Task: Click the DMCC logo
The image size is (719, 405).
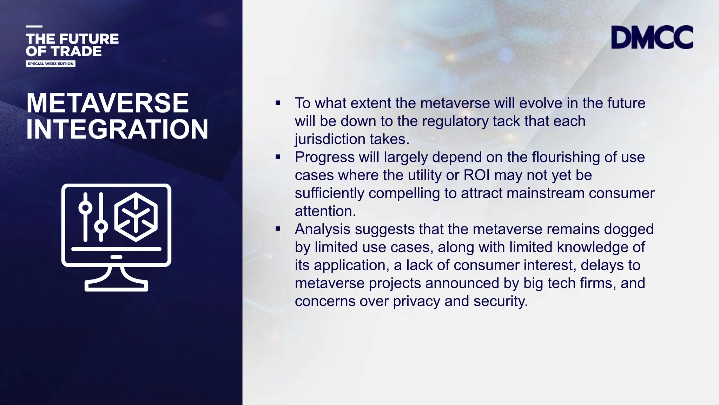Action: (652, 37)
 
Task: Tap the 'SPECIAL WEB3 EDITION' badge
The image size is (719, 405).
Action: (51, 64)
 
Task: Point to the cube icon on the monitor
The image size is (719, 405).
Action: (136, 217)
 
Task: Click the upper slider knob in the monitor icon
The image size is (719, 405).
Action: (85, 207)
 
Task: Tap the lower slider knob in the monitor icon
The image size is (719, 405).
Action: (101, 226)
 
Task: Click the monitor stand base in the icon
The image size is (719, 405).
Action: (116, 285)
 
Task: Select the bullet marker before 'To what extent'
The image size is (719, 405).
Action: (278, 103)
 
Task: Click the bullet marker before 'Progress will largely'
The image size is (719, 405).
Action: (278, 157)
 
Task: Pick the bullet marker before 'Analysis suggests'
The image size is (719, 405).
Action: (278, 229)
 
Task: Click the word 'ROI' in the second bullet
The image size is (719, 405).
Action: (476, 175)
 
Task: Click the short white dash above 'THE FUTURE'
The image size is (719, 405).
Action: (34, 26)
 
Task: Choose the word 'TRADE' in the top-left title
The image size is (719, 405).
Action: (76, 51)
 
